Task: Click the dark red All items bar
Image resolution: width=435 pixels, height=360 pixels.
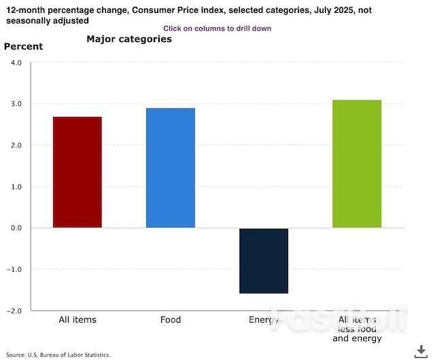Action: click(x=77, y=173)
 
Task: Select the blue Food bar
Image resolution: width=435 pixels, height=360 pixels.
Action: click(x=170, y=168)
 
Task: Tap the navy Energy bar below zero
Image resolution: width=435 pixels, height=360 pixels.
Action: click(x=264, y=261)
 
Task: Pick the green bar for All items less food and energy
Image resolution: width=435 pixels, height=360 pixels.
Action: click(x=357, y=164)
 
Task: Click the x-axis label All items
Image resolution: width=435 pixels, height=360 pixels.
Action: click(x=77, y=320)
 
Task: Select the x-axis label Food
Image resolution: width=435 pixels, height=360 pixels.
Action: click(x=171, y=320)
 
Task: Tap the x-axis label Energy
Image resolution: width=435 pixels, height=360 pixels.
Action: click(x=264, y=320)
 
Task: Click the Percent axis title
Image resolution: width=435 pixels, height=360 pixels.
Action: click(x=24, y=47)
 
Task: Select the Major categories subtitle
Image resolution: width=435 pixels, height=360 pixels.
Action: click(x=129, y=39)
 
